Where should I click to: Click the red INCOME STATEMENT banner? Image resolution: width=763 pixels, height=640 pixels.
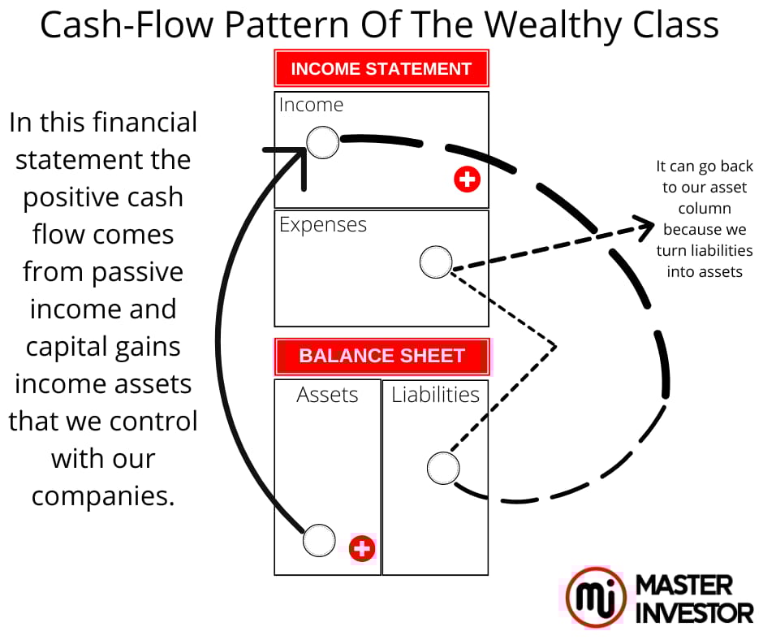[x=381, y=69]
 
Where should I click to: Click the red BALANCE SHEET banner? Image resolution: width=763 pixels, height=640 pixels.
[x=381, y=356]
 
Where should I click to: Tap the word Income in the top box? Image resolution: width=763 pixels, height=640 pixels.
[x=311, y=105]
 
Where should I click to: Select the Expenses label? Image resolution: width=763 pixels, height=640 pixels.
[x=323, y=225]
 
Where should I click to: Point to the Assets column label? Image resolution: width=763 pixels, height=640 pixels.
[x=327, y=395]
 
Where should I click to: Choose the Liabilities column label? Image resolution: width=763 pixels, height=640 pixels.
[x=435, y=395]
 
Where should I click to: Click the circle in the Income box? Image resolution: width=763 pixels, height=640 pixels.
[x=323, y=142]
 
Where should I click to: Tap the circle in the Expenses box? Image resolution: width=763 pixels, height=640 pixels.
[x=436, y=262]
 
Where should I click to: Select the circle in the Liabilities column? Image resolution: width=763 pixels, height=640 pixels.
[x=443, y=468]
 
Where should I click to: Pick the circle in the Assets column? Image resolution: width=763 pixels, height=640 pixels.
[x=319, y=540]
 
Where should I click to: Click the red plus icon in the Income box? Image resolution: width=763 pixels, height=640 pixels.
[x=467, y=179]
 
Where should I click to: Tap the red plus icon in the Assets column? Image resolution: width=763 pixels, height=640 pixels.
[x=362, y=549]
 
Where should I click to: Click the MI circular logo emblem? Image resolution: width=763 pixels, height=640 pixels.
[x=596, y=598]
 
